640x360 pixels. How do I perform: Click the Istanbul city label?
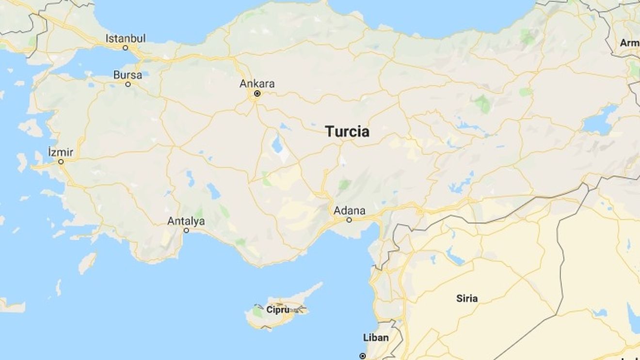point(126,38)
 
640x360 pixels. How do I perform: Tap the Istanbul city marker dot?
point(125,48)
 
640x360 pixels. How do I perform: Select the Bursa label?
point(128,75)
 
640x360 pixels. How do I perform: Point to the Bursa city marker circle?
point(128,84)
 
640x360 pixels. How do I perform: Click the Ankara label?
point(257,84)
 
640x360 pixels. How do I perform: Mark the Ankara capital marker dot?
point(257,94)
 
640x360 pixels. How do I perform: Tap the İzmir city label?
point(61,153)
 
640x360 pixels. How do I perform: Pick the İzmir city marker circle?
point(61,162)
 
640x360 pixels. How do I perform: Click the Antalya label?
point(186,221)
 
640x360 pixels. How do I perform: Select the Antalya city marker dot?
point(186,231)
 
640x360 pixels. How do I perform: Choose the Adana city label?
point(349,211)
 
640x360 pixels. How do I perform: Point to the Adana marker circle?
point(349,220)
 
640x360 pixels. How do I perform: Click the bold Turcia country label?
point(347,132)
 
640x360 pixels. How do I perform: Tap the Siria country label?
point(467,298)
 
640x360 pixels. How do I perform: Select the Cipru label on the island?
point(278,309)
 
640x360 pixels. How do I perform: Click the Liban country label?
point(376,338)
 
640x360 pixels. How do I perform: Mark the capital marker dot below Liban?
point(363,356)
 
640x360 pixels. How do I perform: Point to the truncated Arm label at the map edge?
point(630,43)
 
